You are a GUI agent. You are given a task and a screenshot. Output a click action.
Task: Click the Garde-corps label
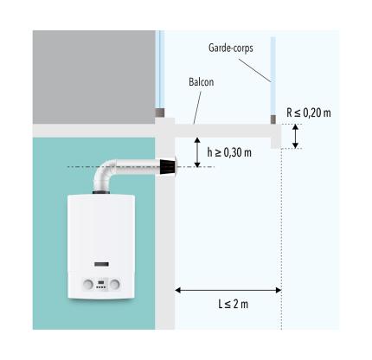[x=231, y=48]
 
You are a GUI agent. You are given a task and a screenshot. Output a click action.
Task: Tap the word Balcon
[x=202, y=82]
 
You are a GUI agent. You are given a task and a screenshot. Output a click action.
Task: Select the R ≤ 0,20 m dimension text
[x=309, y=112]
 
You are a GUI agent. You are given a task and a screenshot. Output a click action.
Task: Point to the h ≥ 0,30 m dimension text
[x=229, y=152]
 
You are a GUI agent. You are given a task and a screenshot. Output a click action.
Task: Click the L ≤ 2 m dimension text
[x=233, y=304]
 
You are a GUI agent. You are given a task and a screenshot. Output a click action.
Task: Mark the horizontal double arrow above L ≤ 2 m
[x=228, y=290]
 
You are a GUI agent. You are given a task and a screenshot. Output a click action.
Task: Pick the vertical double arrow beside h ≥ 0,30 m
[x=197, y=152]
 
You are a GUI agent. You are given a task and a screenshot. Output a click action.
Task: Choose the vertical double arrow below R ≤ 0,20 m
[x=295, y=136]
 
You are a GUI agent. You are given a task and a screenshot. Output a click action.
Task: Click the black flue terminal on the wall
[x=167, y=167]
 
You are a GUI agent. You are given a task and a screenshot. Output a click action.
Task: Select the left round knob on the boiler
[x=88, y=285]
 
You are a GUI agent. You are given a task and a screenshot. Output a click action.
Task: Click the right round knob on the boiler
[x=115, y=285]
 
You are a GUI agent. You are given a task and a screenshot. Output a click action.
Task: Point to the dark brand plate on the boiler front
[x=101, y=264]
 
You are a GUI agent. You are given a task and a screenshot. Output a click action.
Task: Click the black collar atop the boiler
[x=101, y=192]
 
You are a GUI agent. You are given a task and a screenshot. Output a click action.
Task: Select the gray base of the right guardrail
[x=273, y=119]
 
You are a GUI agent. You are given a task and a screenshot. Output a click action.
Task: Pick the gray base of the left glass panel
[x=160, y=112]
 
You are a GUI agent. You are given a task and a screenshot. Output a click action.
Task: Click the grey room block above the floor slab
[x=94, y=77]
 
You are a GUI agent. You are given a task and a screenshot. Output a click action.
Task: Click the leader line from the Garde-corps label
[x=254, y=70]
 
